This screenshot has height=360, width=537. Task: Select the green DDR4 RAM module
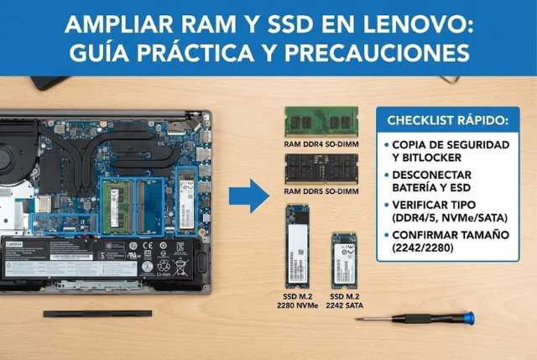click(321, 121)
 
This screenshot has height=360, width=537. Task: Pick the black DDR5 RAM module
click(321, 168)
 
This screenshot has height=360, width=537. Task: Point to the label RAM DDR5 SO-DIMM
click(321, 191)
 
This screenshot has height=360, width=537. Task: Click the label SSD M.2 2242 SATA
click(345, 303)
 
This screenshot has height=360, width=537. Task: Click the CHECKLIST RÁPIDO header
click(442, 122)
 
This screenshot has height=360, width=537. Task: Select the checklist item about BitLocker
click(449, 151)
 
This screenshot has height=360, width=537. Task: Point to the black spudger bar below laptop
click(96, 314)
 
